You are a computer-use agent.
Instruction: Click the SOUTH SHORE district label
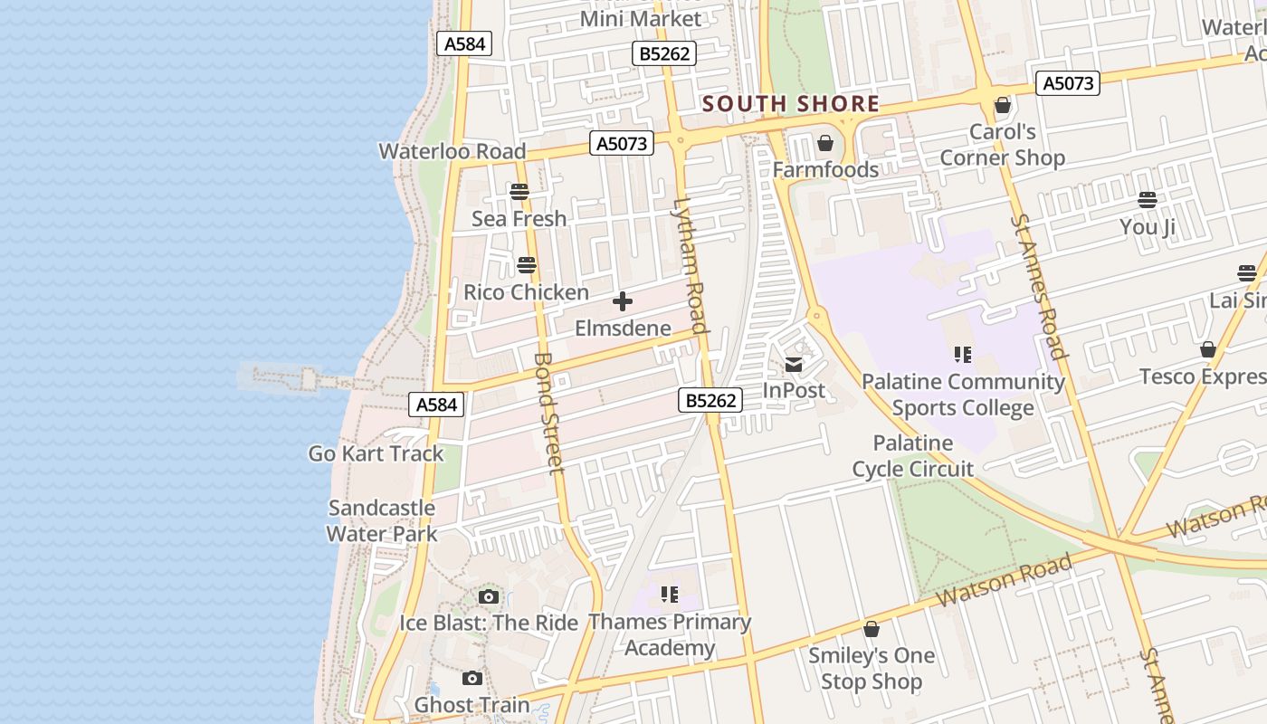pyautogui.click(x=790, y=104)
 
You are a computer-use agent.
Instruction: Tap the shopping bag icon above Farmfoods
pyautogui.click(x=824, y=143)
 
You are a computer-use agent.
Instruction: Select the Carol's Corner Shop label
pyautogui.click(x=1002, y=145)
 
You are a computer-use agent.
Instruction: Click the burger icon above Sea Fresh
pyautogui.click(x=519, y=192)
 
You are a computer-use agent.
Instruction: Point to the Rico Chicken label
pyautogui.click(x=526, y=292)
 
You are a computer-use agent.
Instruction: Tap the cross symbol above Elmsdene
pyautogui.click(x=623, y=301)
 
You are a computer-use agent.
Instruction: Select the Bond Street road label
pyautogui.click(x=549, y=412)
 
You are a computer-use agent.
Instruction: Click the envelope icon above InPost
pyautogui.click(x=794, y=365)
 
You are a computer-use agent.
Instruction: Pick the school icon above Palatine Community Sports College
pyautogui.click(x=962, y=355)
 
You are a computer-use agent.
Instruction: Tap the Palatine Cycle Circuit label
pyautogui.click(x=912, y=456)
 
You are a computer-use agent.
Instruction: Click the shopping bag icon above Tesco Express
pyautogui.click(x=1207, y=349)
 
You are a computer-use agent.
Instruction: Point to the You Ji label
pyautogui.click(x=1147, y=226)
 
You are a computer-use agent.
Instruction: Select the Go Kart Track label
pyautogui.click(x=376, y=453)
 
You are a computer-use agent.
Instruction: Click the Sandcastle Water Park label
pyautogui.click(x=381, y=520)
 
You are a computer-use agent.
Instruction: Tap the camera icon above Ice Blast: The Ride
pyautogui.click(x=488, y=596)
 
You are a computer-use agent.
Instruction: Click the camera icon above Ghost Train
pyautogui.click(x=472, y=679)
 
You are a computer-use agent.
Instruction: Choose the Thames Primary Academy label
pyautogui.click(x=670, y=634)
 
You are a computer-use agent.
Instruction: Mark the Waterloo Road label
pyautogui.click(x=452, y=151)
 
